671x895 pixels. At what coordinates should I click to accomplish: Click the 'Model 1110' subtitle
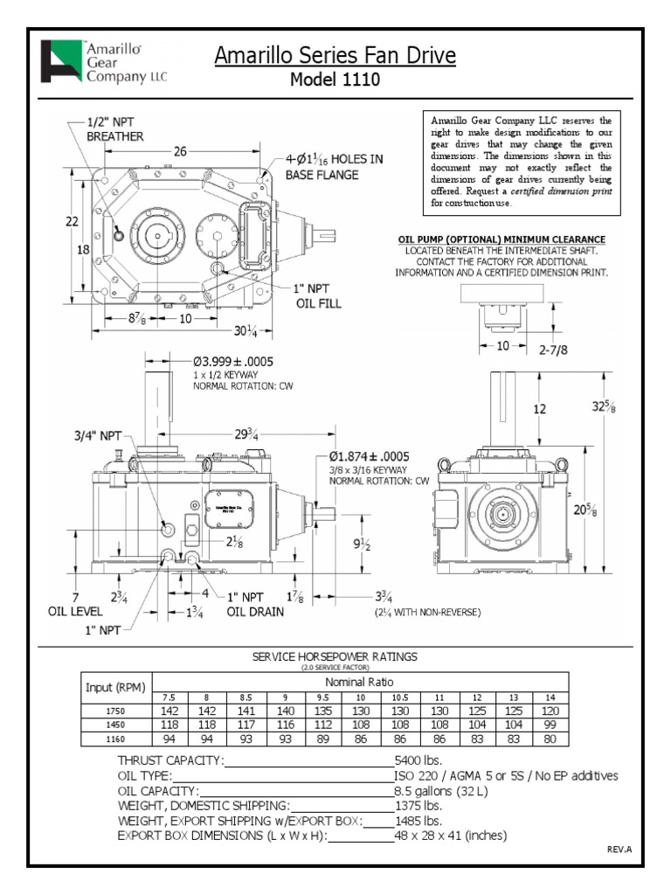tap(335, 80)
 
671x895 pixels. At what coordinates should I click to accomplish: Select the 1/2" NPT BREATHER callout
tap(114, 129)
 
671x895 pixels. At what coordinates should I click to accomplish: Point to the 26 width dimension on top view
tap(180, 151)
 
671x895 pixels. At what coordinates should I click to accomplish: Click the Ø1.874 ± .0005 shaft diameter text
tap(381, 456)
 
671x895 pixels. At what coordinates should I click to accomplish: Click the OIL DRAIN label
tap(255, 612)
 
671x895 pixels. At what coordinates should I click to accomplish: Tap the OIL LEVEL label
tap(75, 612)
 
